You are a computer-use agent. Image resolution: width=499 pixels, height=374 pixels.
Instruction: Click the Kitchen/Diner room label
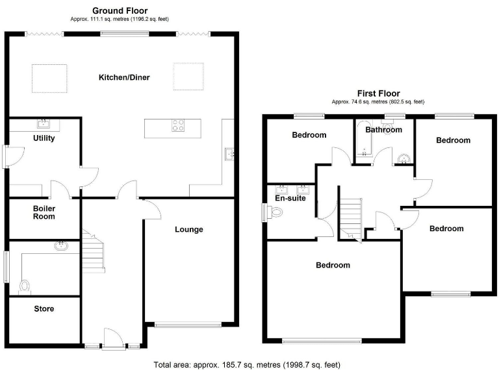pos(124,78)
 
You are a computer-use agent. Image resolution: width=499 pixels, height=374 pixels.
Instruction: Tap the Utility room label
pos(44,138)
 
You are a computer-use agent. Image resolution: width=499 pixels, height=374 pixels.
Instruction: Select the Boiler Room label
pos(44,212)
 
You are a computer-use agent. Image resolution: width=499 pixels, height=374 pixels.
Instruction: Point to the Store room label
pos(44,309)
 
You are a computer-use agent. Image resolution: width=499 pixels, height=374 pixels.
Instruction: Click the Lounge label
pos(189,229)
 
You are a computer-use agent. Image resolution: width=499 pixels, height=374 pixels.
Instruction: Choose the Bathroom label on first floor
pos(383,130)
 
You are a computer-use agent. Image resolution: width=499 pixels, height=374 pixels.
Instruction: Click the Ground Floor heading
pos(120,10)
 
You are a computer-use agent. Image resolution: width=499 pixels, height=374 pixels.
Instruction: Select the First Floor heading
pos(378,93)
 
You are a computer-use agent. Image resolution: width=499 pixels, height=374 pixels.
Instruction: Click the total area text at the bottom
pos(247,365)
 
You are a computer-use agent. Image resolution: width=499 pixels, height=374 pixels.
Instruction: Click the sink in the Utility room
pos(44,123)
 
